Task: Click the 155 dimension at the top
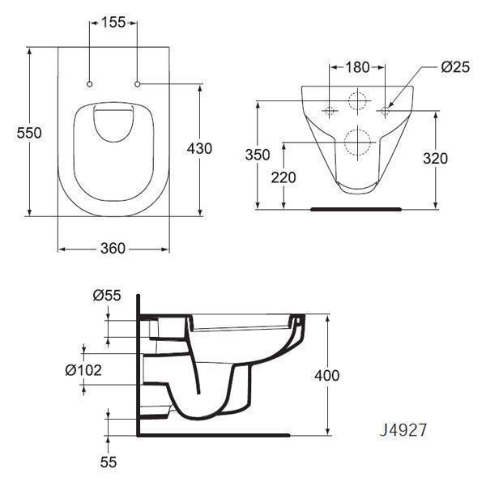click(x=113, y=23)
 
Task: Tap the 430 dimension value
click(x=199, y=148)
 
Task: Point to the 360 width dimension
click(x=113, y=249)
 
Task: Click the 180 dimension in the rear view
click(x=356, y=66)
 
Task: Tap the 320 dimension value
click(x=435, y=159)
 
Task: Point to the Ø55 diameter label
click(x=107, y=296)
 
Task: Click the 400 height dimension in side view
click(x=327, y=375)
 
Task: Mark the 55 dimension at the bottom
click(x=109, y=462)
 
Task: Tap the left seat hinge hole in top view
click(x=89, y=83)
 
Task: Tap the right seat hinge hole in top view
click(x=139, y=83)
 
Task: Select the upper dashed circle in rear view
click(x=357, y=102)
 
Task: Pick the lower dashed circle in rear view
click(x=357, y=143)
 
